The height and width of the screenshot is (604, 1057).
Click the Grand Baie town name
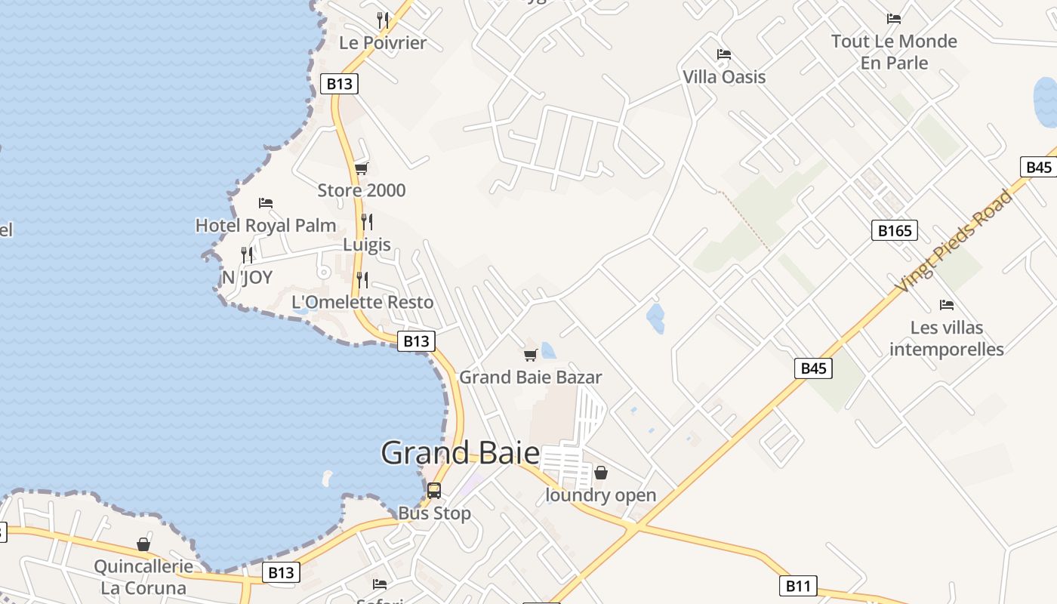point(460,453)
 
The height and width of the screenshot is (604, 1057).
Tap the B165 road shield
point(894,230)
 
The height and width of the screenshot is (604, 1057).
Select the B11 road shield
point(798,586)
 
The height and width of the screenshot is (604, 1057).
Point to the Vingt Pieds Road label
point(954,241)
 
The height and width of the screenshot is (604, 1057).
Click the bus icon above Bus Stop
point(434,490)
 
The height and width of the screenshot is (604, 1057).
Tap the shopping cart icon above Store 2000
point(362,168)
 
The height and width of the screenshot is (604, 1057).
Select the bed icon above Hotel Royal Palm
point(266,203)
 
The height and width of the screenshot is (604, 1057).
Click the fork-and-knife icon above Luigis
point(367,221)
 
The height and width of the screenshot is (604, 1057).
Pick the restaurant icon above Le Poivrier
point(384,20)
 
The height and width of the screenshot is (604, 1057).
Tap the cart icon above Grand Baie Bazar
point(530,355)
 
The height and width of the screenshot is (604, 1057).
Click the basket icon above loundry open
point(601,473)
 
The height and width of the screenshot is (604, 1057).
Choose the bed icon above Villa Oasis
point(724,54)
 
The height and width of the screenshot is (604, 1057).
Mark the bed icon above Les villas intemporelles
point(947,305)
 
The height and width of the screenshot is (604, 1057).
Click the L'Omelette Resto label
point(362,302)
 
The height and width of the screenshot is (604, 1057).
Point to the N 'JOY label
point(247,278)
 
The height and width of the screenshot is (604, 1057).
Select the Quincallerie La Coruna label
point(143,577)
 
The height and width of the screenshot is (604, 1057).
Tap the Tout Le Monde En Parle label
point(894,51)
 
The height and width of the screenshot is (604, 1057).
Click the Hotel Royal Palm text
point(266,225)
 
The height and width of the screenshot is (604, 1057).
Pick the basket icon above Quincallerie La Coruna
point(143,544)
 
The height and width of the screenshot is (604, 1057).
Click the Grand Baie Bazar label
point(530,377)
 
